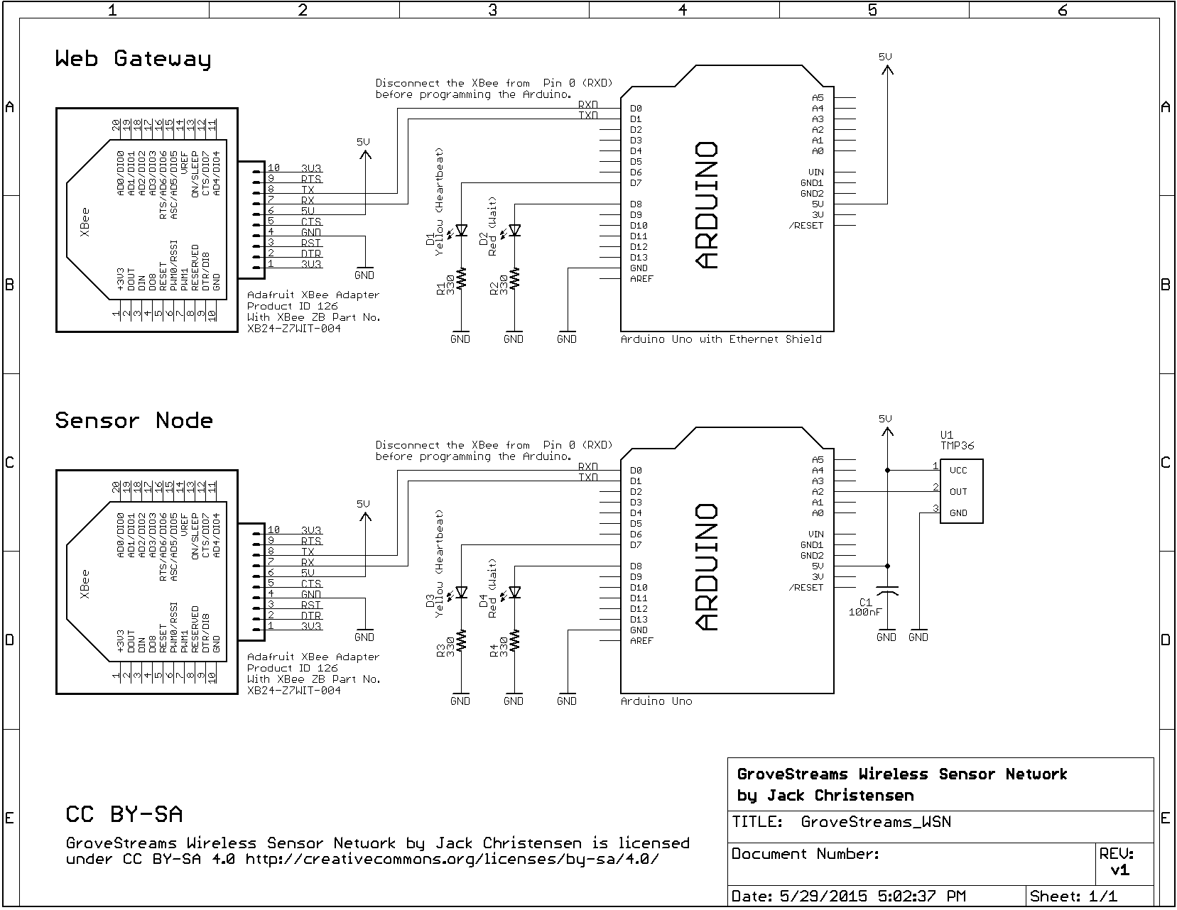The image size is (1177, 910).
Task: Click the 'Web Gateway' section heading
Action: tap(133, 59)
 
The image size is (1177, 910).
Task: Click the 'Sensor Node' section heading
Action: tap(134, 421)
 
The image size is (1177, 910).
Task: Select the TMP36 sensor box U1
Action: tap(961, 491)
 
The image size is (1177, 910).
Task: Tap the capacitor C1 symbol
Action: tap(886, 591)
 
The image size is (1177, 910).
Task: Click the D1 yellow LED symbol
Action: tap(462, 230)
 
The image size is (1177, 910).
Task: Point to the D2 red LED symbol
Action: tap(515, 230)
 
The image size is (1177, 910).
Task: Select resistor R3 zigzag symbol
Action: tap(462, 640)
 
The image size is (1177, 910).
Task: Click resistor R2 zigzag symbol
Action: tap(515, 278)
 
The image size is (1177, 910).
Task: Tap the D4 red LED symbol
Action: tap(515, 592)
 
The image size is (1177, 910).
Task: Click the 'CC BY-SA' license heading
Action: tap(124, 814)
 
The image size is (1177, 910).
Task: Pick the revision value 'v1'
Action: tap(1119, 871)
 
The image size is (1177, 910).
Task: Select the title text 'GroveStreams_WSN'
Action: tap(875, 822)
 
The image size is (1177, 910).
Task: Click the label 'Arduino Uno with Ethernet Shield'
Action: tap(721, 339)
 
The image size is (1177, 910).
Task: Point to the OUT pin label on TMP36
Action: tap(958, 491)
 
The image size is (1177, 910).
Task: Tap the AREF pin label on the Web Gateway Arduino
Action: tap(641, 279)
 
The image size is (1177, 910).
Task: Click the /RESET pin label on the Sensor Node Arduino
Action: tap(806, 588)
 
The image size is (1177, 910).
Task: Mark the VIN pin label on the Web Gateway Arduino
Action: tap(815, 172)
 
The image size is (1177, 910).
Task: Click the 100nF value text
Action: tap(863, 612)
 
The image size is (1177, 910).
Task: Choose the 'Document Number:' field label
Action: tap(806, 854)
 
